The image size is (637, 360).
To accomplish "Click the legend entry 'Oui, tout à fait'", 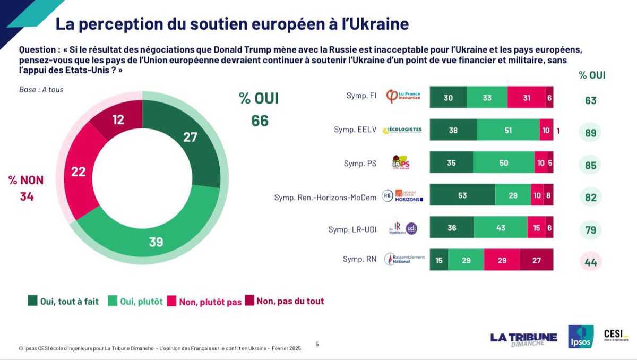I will point(63,302).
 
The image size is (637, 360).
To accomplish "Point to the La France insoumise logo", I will point(403,98).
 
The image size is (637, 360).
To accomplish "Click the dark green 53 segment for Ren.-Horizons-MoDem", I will point(462,195).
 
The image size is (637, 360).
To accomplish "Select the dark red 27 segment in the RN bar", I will point(536,260).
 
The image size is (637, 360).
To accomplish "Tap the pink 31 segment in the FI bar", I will point(526,98).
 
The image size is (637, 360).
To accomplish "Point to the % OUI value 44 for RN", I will point(590,262).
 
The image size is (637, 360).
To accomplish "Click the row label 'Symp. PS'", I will point(360,164).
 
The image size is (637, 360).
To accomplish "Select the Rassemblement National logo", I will point(404,260).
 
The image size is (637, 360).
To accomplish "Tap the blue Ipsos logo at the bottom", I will point(580,337).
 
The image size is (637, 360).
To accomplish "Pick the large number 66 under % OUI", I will point(260,121).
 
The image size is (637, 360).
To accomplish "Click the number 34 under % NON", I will point(27,197).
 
